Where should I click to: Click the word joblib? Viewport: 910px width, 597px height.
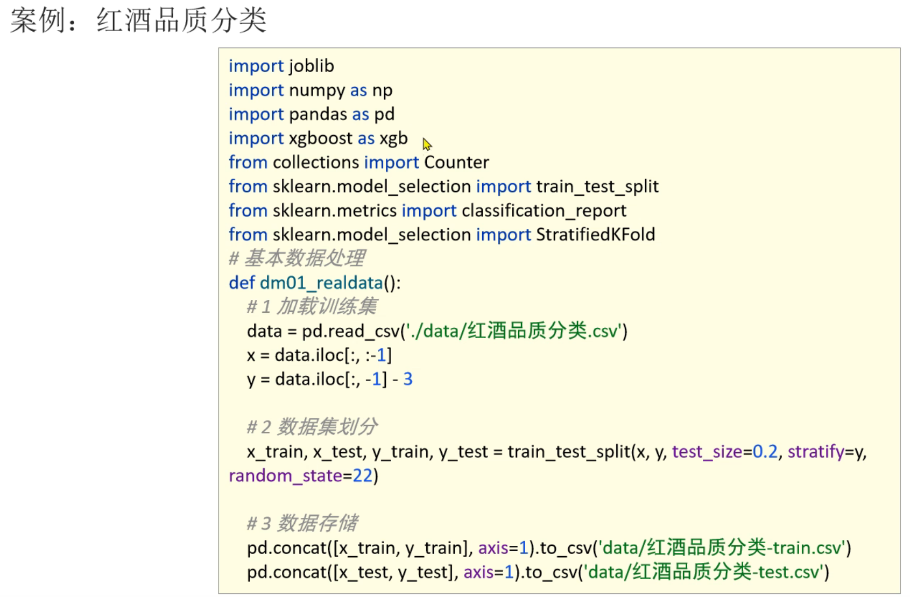(311, 66)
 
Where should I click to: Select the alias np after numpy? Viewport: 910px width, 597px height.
(382, 90)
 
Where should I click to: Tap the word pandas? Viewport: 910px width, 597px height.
(318, 114)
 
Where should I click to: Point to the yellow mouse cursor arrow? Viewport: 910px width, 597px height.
(427, 144)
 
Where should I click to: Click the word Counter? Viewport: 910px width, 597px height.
(456, 163)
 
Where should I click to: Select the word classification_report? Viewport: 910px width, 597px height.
(544, 210)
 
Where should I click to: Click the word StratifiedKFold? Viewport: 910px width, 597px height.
(595, 235)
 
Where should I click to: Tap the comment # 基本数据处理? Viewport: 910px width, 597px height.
(297, 258)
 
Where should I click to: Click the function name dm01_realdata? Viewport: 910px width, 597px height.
(321, 283)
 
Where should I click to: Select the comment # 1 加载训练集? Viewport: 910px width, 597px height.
(312, 307)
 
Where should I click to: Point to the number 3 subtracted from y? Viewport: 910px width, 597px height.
(408, 379)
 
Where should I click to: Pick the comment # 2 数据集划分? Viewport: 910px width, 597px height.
(312, 427)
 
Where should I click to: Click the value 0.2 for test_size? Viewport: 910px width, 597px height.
(765, 452)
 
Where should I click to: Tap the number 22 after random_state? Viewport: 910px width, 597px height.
(362, 476)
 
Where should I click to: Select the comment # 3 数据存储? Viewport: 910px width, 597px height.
(302, 523)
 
